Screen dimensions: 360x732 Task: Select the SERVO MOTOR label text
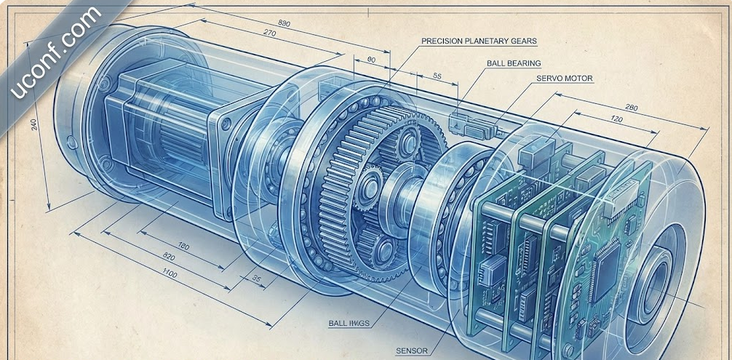pos(564,78)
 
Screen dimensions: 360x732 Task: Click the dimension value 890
pos(284,23)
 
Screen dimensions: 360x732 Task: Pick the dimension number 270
pos(269,33)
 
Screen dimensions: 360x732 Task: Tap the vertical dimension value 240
pos(32,124)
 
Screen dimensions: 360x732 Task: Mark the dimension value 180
pos(183,247)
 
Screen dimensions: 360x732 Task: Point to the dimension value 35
pos(256,279)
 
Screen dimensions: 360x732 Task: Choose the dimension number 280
pos(632,108)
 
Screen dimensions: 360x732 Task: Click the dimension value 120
pos(616,119)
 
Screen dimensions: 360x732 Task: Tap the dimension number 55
pos(437,75)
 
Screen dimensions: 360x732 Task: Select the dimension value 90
pos(372,60)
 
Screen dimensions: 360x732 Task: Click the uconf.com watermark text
pos(55,54)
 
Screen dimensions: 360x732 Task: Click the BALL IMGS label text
pos(348,323)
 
